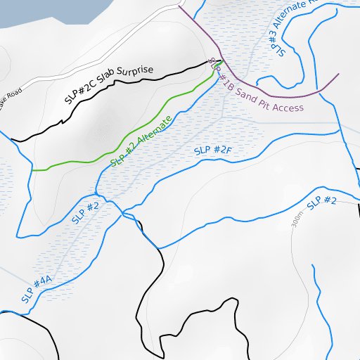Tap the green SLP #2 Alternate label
pyautogui.click(x=141, y=143)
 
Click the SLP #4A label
pyautogui.click(x=37, y=289)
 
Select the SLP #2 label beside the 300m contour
pyautogui.click(x=322, y=202)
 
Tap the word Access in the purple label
pyautogui.click(x=288, y=108)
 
